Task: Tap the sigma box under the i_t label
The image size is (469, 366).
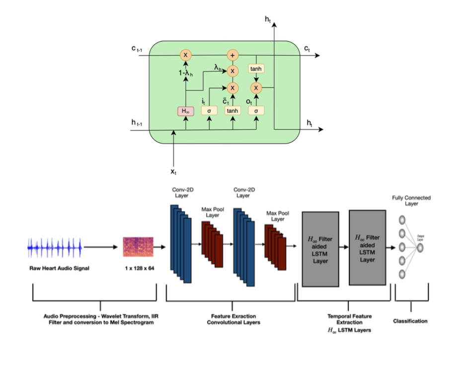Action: [209, 110]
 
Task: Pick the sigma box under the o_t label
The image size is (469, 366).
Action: [256, 110]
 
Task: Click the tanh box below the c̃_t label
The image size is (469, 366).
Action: [233, 110]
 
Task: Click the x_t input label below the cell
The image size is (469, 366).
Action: [173, 171]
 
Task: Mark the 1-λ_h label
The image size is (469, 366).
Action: [186, 73]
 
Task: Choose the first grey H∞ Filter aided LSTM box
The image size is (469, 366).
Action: [320, 249]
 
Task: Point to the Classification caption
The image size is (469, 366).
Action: [410, 321]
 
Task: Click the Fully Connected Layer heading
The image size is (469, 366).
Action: [411, 200]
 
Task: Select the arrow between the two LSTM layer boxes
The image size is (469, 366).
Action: [344, 247]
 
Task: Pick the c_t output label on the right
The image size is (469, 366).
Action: [308, 48]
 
